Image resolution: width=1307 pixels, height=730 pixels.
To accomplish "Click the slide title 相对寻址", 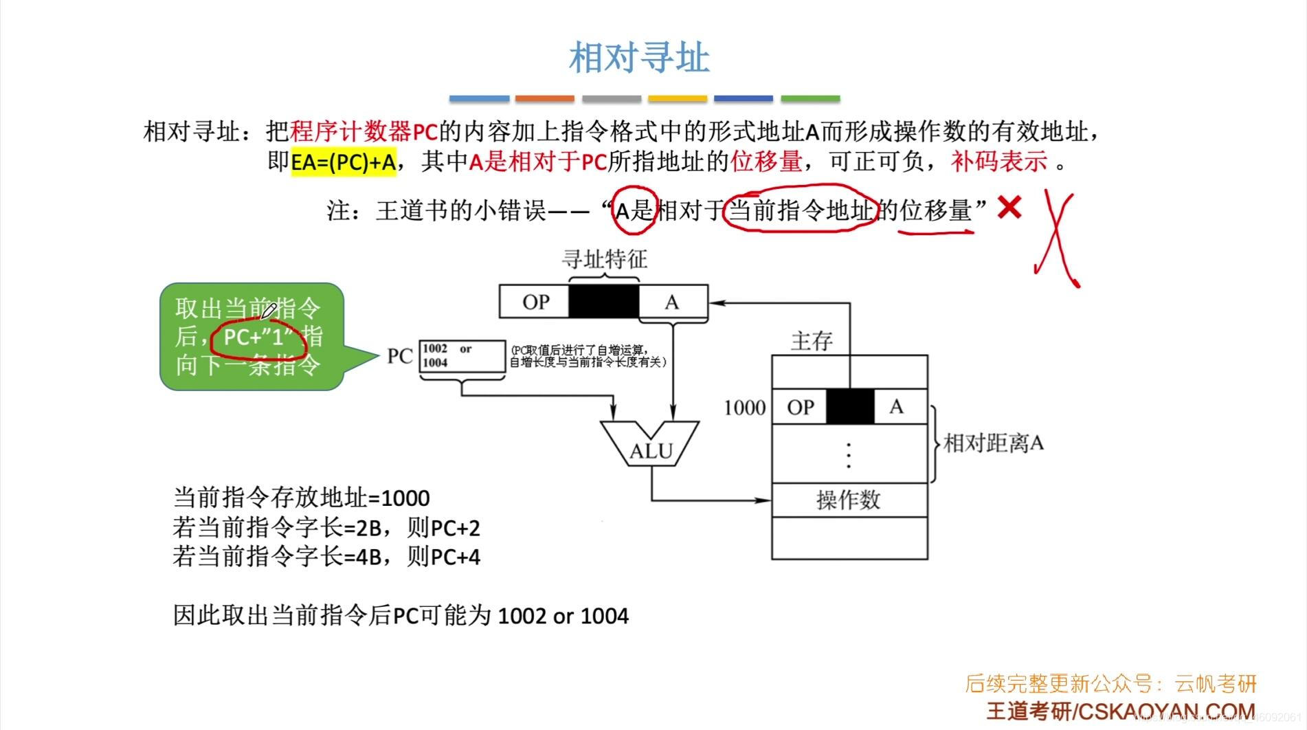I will (x=639, y=58).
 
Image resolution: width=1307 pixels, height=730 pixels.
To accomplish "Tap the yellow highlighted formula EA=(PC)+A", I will (x=344, y=162).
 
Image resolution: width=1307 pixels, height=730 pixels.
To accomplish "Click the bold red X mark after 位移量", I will (x=1009, y=207).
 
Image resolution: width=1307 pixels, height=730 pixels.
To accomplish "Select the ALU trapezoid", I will (x=650, y=443).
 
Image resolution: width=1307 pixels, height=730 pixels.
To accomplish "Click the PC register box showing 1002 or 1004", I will (x=462, y=356).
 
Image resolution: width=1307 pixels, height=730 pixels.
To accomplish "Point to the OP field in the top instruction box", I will (x=535, y=302).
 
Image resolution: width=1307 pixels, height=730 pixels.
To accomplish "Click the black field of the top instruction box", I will (x=604, y=301).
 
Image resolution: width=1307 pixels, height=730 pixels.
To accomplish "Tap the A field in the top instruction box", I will (x=672, y=302).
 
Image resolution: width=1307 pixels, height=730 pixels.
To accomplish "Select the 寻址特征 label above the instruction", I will (x=605, y=259).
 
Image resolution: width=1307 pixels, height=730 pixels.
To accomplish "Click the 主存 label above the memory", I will (x=812, y=341).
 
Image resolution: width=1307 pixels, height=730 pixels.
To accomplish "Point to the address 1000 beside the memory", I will (x=744, y=408).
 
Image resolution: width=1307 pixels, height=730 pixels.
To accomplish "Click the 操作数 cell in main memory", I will (x=849, y=500).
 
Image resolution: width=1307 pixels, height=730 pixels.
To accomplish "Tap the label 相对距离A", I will (x=993, y=443).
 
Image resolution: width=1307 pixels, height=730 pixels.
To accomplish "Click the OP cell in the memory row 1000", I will (x=800, y=407).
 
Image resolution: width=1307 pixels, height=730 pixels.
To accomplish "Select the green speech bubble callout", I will (x=252, y=337).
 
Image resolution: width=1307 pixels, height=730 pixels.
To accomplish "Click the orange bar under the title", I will (x=544, y=99).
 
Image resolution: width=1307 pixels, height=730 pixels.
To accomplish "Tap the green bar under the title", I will (x=810, y=99).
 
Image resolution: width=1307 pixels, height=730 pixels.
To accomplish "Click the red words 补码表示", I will (x=999, y=162).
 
